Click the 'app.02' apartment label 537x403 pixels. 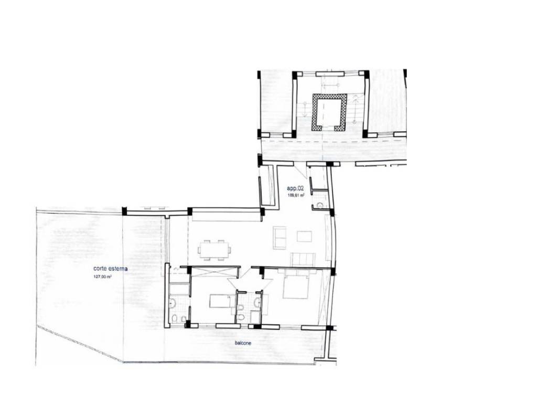pos(295,188)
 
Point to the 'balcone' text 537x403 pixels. pos(243,343)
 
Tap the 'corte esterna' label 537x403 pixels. pos(110,269)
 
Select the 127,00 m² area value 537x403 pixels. pos(102,277)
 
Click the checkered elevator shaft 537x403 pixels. pos(329,112)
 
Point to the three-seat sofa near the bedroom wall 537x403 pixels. pos(303,259)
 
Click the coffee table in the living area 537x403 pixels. pos(305,237)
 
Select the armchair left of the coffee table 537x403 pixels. pos(280,237)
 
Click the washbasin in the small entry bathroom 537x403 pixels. pos(320,205)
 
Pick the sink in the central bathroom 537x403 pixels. pos(257,302)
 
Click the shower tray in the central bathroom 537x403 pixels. pos(255,317)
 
